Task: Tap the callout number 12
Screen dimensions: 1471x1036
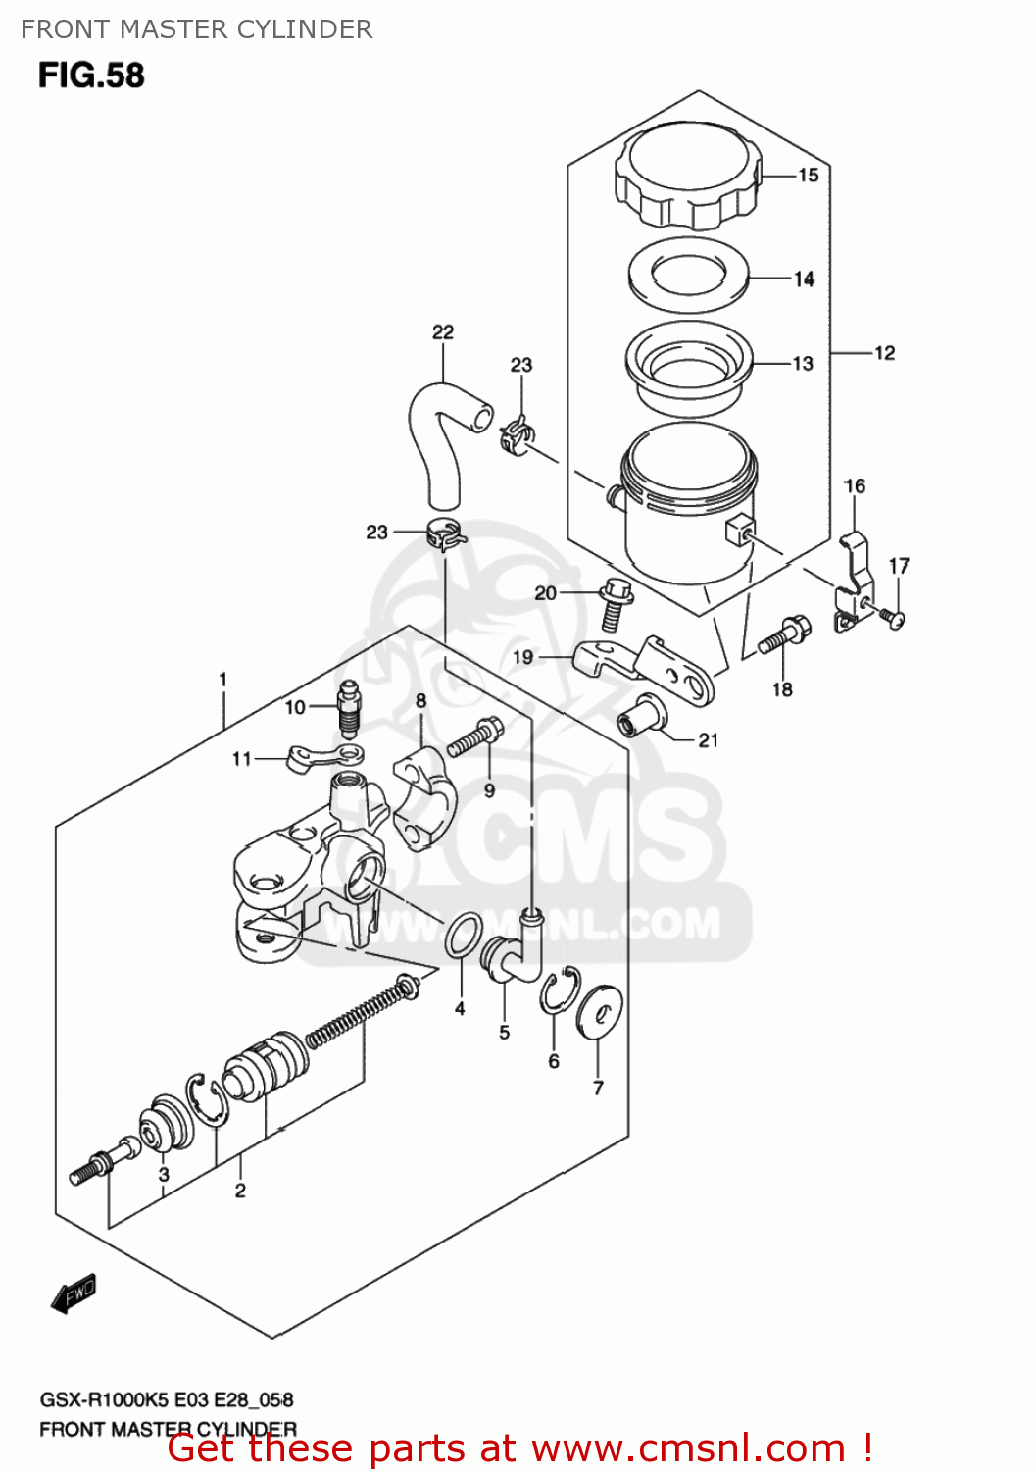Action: point(884,353)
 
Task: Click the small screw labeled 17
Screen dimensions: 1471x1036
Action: point(893,617)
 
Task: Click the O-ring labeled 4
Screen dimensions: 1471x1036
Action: point(464,935)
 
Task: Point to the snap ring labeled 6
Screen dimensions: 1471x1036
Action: point(559,990)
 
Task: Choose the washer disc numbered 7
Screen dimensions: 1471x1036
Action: point(600,1010)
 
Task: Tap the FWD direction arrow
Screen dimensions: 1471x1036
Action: point(74,1293)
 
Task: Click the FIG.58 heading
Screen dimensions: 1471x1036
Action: point(91,76)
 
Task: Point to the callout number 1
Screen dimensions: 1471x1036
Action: point(223,679)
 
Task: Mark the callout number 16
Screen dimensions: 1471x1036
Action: point(855,485)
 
